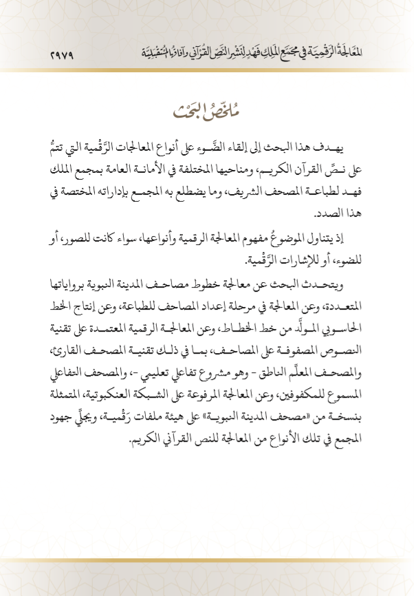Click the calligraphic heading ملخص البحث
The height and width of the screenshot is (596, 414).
pos(206,109)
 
